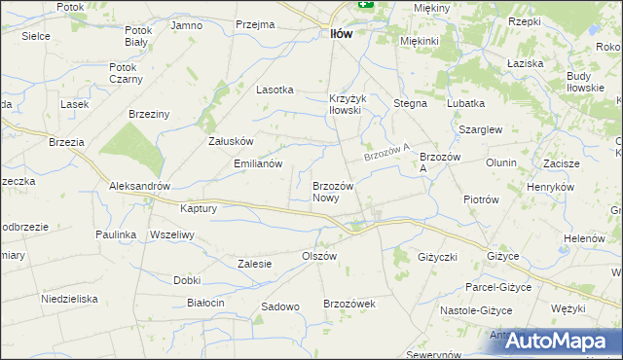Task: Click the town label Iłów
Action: click(x=336, y=33)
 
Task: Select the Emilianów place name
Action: click(x=258, y=163)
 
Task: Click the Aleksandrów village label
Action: click(x=140, y=186)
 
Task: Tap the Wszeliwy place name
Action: click(x=173, y=234)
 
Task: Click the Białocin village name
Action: click(x=205, y=303)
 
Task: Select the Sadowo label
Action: click(x=279, y=306)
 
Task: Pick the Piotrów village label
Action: click(x=481, y=199)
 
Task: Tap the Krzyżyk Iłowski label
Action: click(x=346, y=104)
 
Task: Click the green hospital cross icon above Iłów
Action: click(x=365, y=4)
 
